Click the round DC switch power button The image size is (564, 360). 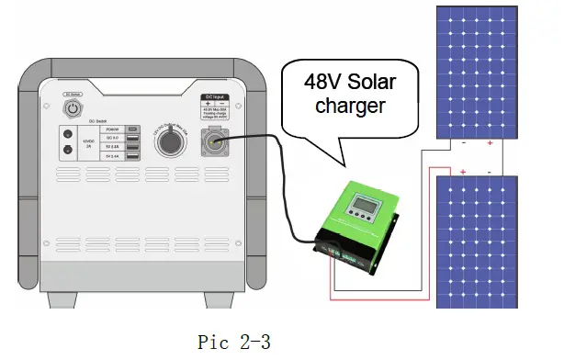pos(73,107)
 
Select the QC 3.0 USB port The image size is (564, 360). pos(133,138)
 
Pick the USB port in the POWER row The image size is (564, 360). pos(133,129)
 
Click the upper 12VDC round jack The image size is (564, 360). pos(66,132)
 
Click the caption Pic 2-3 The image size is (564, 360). pos(234,341)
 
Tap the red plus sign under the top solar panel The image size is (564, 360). pos(490,144)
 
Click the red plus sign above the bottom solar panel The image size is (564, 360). pos(463,173)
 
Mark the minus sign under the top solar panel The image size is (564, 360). pos(464,144)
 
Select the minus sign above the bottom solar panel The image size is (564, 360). pos(489,173)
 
